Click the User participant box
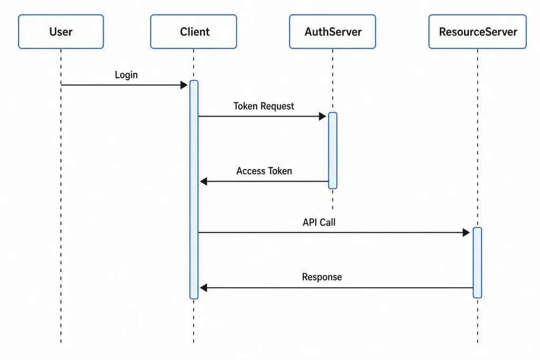[x=61, y=32]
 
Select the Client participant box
[x=194, y=32]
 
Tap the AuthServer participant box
[x=333, y=32]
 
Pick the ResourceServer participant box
[x=478, y=32]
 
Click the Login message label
[x=126, y=75]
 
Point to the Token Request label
[x=264, y=106]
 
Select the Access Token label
[x=264, y=171]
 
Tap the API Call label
[x=319, y=222]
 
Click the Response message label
[x=322, y=277]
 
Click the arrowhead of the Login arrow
[x=184, y=85]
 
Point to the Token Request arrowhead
[x=323, y=116]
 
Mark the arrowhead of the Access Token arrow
[x=204, y=181]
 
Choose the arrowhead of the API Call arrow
[x=466, y=232]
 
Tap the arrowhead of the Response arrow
[x=204, y=288]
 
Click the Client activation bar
[x=194, y=190]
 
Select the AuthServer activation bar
[x=333, y=150]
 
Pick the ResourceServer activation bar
[x=477, y=262]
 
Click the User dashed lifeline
[x=61, y=196]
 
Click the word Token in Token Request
[x=245, y=106]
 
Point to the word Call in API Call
[x=327, y=222]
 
